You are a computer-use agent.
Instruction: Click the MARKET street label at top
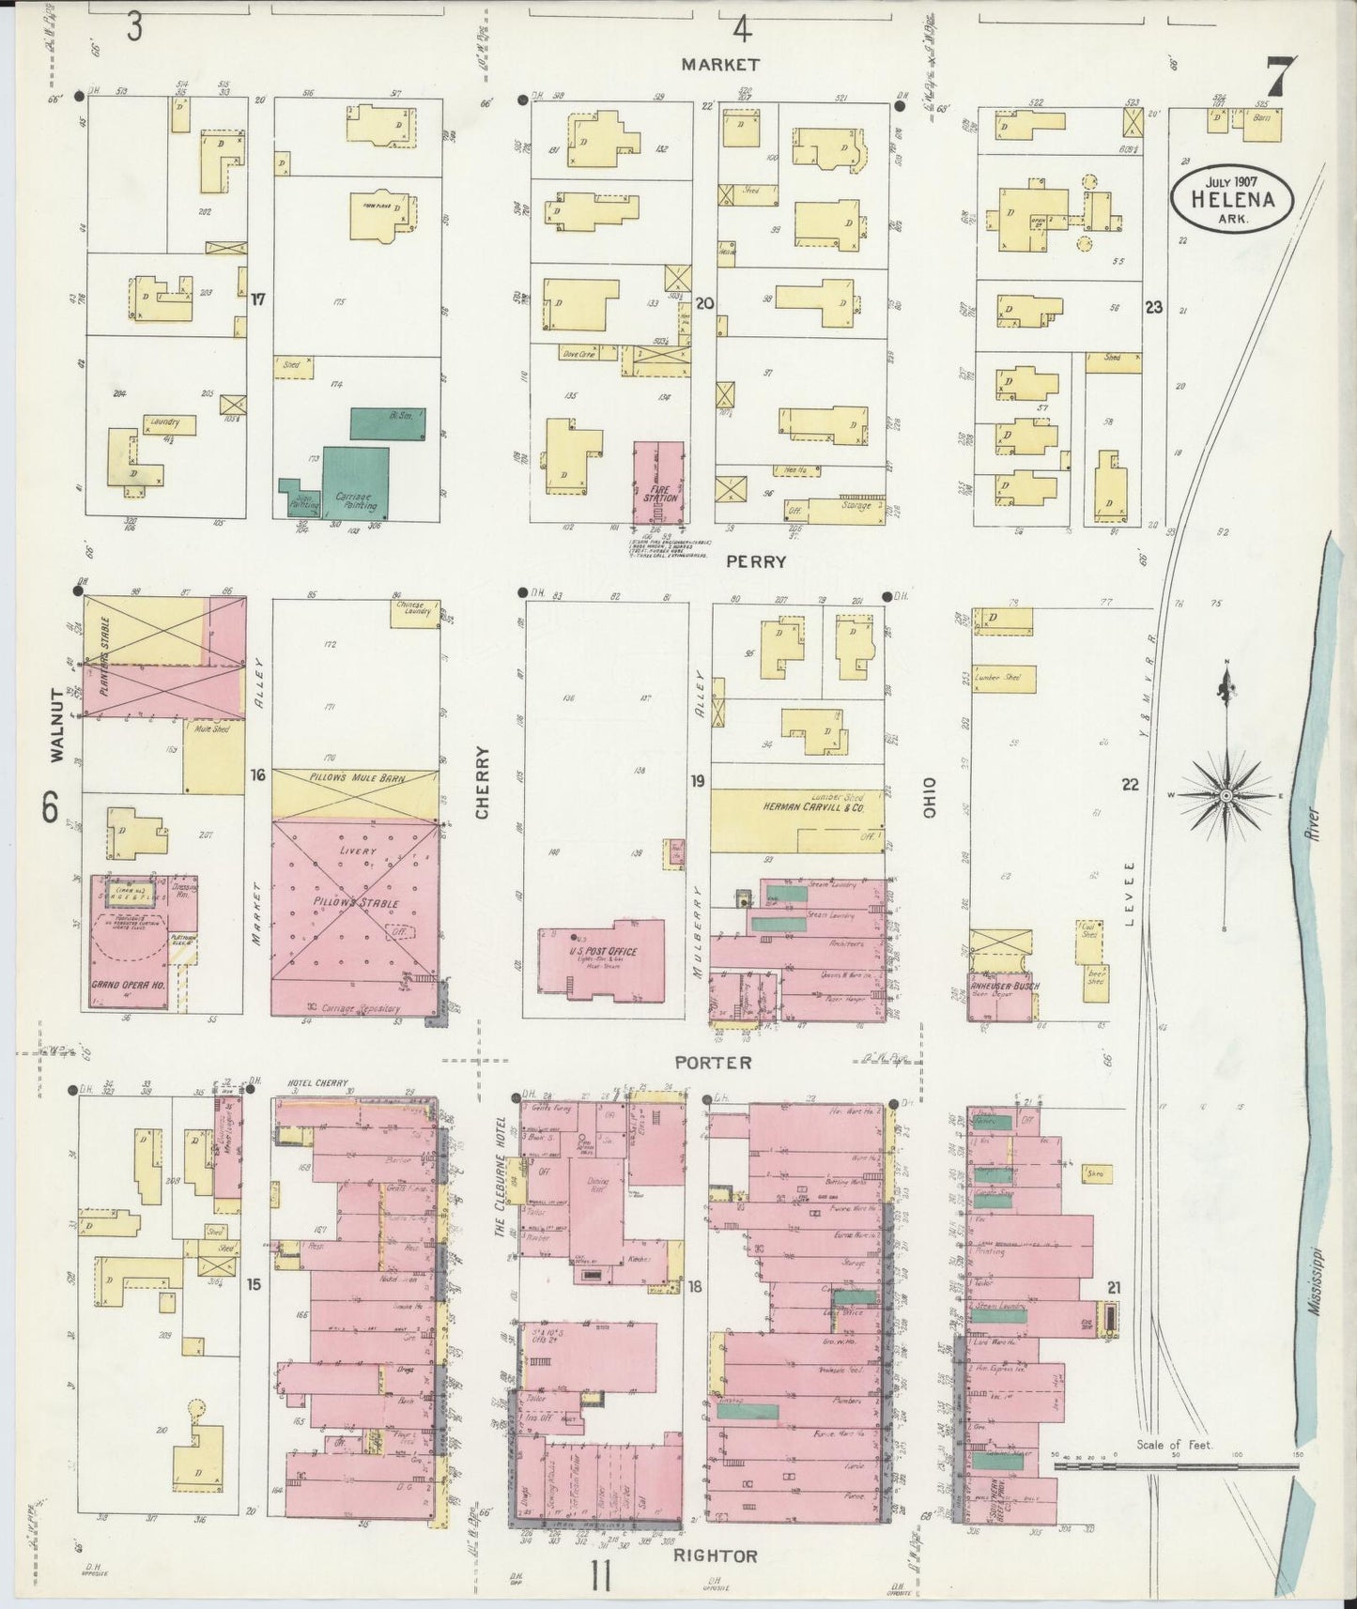pyautogui.click(x=720, y=65)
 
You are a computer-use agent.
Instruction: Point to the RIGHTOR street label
pyautogui.click(x=716, y=1555)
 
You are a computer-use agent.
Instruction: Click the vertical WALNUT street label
pyautogui.click(x=55, y=724)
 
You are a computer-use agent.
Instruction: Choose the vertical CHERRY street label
pyautogui.click(x=482, y=782)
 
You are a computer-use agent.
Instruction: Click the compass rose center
pyautogui.click(x=1226, y=796)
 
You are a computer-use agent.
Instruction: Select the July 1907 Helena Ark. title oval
pyautogui.click(x=1231, y=198)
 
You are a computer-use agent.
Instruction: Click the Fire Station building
pyautogui.click(x=659, y=483)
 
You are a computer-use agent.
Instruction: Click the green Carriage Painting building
pyautogui.click(x=356, y=481)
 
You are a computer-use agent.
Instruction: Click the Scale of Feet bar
pyautogui.click(x=1174, y=1464)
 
